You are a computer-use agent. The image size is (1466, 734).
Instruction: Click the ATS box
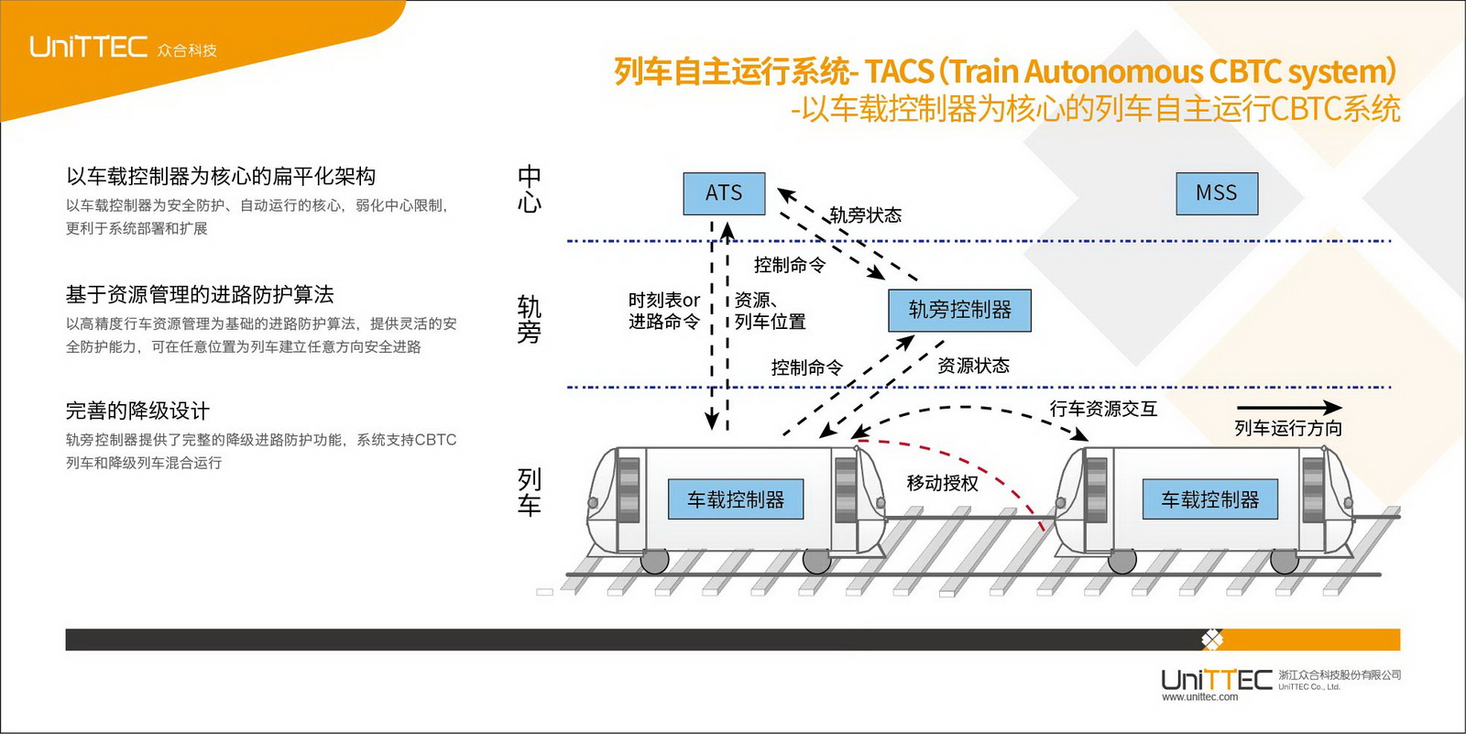click(x=724, y=193)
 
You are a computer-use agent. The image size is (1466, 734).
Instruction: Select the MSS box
click(x=1217, y=193)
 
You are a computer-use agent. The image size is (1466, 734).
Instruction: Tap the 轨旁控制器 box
click(x=959, y=311)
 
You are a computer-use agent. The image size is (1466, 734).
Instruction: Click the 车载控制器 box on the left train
click(x=736, y=499)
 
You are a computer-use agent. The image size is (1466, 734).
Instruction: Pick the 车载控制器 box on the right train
click(x=1209, y=499)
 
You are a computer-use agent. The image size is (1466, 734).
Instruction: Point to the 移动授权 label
click(x=942, y=483)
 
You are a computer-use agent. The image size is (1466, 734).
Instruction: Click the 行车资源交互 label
click(x=1103, y=409)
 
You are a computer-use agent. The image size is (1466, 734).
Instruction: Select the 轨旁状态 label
click(x=865, y=215)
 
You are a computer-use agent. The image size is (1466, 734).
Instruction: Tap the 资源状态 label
click(x=973, y=366)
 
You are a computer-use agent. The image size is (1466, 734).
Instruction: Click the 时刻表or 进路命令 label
click(x=664, y=311)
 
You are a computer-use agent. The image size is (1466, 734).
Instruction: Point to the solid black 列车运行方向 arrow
click(x=1288, y=408)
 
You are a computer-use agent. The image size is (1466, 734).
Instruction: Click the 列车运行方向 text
click(x=1288, y=428)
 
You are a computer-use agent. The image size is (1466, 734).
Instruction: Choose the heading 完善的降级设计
click(x=137, y=411)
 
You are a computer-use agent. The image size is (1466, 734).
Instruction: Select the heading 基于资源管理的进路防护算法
click(x=200, y=294)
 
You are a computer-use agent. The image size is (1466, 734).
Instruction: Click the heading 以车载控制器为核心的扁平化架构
click(x=221, y=176)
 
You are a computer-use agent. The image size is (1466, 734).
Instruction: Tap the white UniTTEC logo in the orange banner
click(x=88, y=47)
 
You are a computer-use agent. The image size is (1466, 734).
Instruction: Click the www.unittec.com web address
click(x=1199, y=697)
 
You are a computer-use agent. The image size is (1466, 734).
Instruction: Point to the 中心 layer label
click(x=529, y=189)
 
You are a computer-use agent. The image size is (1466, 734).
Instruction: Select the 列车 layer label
click(x=529, y=492)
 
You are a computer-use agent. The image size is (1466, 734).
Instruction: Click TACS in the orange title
click(x=899, y=71)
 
